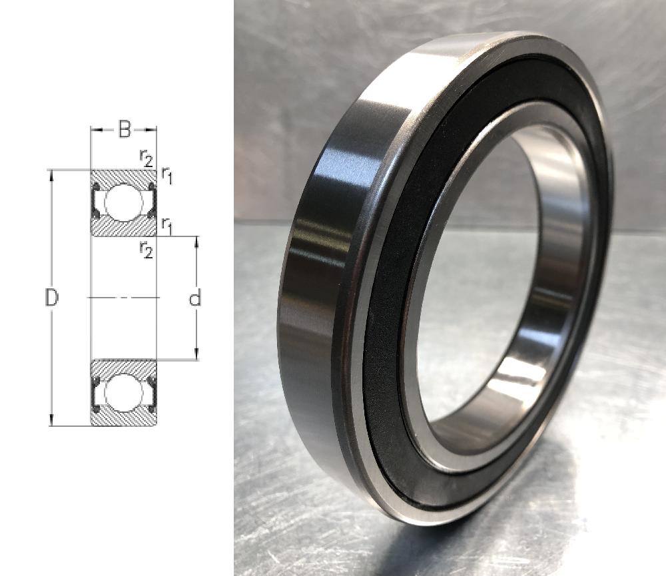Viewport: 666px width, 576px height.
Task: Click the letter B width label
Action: pyautogui.click(x=124, y=129)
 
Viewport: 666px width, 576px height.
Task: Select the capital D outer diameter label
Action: pyautogui.click(x=51, y=298)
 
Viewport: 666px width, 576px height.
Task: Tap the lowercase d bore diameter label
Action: pyautogui.click(x=194, y=298)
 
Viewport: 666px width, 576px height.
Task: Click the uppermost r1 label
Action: pyautogui.click(x=166, y=175)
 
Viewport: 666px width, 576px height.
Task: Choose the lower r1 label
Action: pyautogui.click(x=166, y=226)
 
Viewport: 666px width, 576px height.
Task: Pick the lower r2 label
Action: pyautogui.click(x=146, y=249)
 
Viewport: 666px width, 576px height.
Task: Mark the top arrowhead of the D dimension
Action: pyautogui.click(x=51, y=175)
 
